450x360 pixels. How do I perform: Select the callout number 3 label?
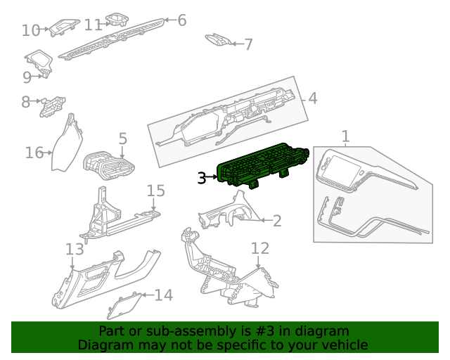(202, 179)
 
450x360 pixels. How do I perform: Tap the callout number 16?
(34, 153)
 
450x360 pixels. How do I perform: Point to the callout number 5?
(122, 139)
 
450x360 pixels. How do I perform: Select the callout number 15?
(155, 191)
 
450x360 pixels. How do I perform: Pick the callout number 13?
(75, 249)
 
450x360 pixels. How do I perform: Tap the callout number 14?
(163, 295)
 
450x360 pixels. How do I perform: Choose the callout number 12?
(260, 247)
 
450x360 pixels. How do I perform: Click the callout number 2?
(277, 221)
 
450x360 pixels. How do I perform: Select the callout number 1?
(345, 135)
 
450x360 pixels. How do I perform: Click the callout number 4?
(313, 98)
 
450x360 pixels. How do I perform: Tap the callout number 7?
(247, 44)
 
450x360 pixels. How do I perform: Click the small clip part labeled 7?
(217, 40)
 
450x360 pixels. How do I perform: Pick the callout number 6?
(181, 20)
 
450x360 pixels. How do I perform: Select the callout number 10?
(31, 30)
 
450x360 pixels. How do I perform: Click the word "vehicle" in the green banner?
(344, 345)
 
